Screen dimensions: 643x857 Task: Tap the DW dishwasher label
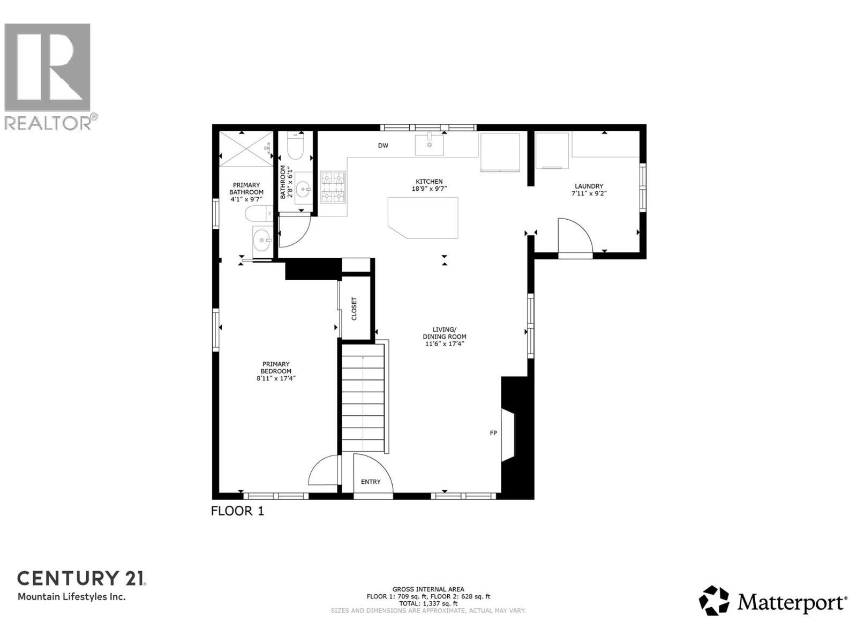[383, 146]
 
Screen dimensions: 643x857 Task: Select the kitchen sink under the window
[430, 145]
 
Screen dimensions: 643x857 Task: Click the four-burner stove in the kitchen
[333, 187]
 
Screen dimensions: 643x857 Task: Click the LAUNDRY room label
[589, 186]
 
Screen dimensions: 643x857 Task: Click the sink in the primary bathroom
[262, 241]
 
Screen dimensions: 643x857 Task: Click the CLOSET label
[354, 309]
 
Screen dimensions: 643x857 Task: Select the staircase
[363, 399]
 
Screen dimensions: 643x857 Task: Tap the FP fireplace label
[493, 433]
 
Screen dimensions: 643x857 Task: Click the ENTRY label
[371, 482]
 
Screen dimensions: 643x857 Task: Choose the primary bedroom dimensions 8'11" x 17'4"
[276, 378]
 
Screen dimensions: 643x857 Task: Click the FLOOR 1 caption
[237, 511]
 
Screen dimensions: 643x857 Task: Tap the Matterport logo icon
[714, 601]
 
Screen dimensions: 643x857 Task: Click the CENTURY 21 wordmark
[81, 578]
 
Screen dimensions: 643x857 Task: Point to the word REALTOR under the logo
[48, 123]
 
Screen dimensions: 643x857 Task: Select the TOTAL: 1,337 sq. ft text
[428, 603]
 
